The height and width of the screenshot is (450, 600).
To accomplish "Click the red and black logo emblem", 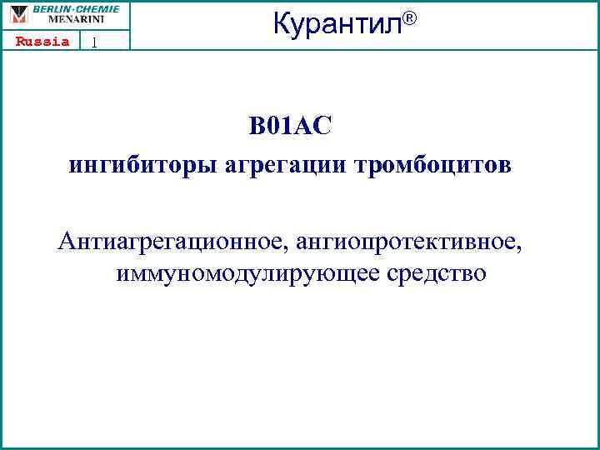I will coord(19,14).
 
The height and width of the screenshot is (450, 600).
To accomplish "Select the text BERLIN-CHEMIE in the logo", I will coord(76,8).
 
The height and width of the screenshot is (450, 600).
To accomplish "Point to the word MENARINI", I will coord(76,18).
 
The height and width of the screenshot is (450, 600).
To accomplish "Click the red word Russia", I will coord(42,42).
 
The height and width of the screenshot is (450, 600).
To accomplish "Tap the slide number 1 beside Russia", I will coord(95,42).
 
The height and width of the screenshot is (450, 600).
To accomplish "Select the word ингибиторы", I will coord(143,165).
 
